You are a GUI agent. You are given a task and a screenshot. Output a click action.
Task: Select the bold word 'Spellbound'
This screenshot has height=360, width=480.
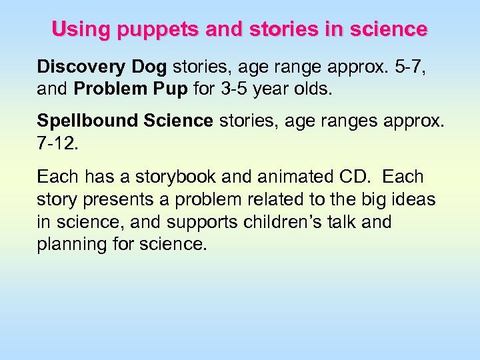tap(87, 121)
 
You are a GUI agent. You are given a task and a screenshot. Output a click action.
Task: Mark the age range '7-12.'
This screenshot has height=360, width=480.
tap(58, 143)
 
